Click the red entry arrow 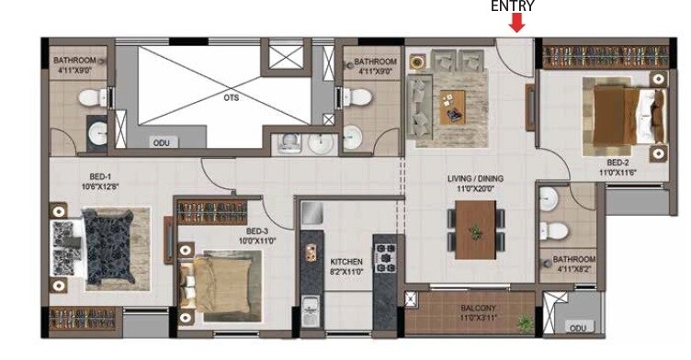point(517,22)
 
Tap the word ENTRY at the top point(513,6)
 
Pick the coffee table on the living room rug point(452,114)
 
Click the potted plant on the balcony point(525,323)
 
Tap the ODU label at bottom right point(577,328)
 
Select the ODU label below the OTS point(161,143)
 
